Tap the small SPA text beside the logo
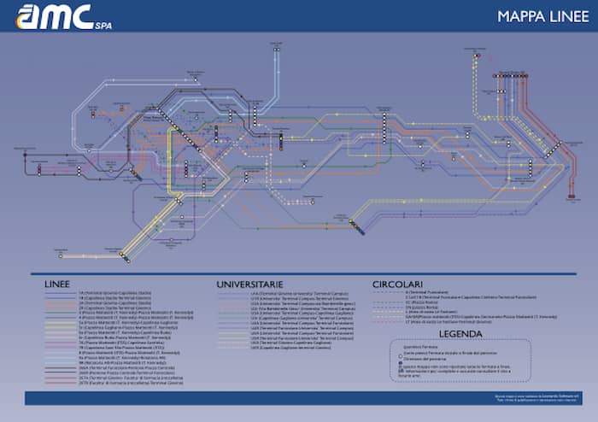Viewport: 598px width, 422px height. click(x=103, y=26)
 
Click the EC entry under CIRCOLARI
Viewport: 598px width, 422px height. click(x=427, y=302)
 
